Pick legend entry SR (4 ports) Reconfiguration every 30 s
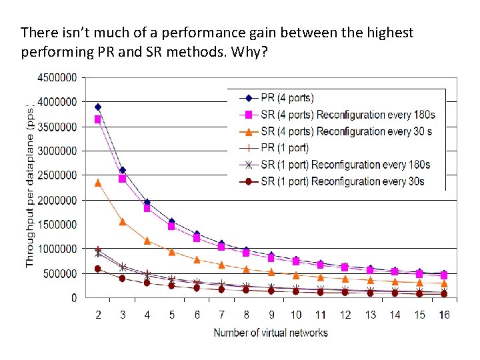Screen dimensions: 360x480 click(346, 131)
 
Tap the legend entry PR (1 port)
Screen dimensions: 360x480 click(285, 148)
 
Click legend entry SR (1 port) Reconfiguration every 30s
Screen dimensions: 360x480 click(343, 181)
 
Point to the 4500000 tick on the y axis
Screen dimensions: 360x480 click(56, 77)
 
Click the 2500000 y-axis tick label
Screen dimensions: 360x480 click(56, 175)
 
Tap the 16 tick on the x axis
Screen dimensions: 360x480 click(444, 315)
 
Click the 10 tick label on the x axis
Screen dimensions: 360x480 click(296, 315)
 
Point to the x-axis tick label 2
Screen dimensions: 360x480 click(98, 315)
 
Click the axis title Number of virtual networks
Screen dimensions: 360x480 click(271, 332)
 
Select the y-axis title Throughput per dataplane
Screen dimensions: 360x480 click(30, 187)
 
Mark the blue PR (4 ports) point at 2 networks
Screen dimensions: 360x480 click(98, 107)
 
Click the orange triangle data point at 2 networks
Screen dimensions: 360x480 click(98, 182)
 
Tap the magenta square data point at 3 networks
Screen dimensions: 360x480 click(123, 179)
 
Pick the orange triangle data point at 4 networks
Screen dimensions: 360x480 click(147, 241)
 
